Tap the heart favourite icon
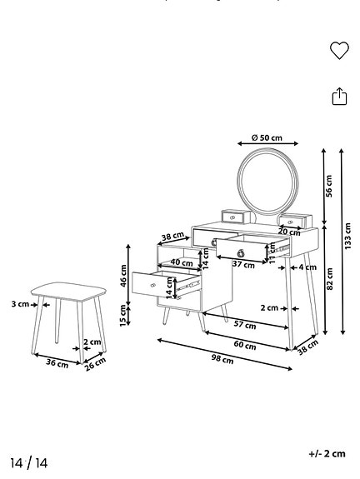pos(339,51)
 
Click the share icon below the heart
pos(339,97)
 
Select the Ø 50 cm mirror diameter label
pos(266,137)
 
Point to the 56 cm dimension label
pos(328,186)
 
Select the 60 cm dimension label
pos(244,344)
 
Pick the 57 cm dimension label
pos(245,323)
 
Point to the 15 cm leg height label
pos(124,315)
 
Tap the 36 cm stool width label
pos(57,363)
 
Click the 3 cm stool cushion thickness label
pos(20,304)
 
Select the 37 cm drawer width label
pos(243,264)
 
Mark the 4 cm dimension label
pos(307,267)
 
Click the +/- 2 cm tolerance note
pos(326,453)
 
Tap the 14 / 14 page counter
pos(29,462)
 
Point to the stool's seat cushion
pos(66,291)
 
